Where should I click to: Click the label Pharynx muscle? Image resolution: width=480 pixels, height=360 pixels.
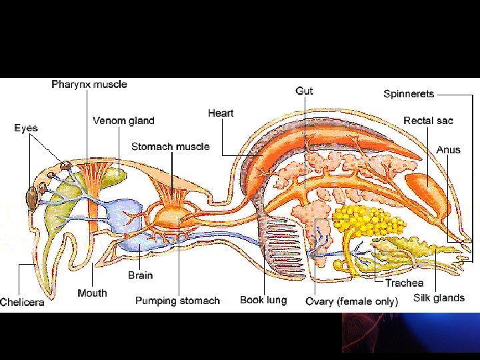click(x=89, y=85)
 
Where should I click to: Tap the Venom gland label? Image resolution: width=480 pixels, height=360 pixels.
click(x=123, y=121)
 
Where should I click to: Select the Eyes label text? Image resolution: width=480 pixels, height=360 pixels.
click(x=26, y=128)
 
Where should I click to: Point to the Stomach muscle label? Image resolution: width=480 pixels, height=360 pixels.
click(x=170, y=147)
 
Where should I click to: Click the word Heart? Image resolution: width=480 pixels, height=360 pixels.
click(x=220, y=113)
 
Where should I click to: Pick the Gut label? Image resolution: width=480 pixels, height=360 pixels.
click(x=304, y=91)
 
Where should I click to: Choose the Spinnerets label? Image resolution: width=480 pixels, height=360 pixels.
click(x=409, y=94)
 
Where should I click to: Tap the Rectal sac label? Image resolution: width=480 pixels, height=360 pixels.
click(x=428, y=121)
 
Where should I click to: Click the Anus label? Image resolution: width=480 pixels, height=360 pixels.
click(x=448, y=149)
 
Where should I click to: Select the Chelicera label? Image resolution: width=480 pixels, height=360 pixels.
click(x=23, y=302)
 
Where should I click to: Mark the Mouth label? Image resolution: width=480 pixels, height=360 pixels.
click(x=92, y=293)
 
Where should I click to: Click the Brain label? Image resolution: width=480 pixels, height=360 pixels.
click(x=140, y=275)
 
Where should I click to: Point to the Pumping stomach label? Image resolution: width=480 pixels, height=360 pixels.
click(x=177, y=301)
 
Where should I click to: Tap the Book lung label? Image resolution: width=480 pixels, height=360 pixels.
click(x=263, y=300)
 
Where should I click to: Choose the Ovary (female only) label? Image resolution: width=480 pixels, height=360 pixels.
click(x=351, y=301)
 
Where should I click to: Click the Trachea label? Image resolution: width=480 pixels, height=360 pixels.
click(x=404, y=283)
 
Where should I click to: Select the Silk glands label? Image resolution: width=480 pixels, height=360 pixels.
click(x=439, y=298)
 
